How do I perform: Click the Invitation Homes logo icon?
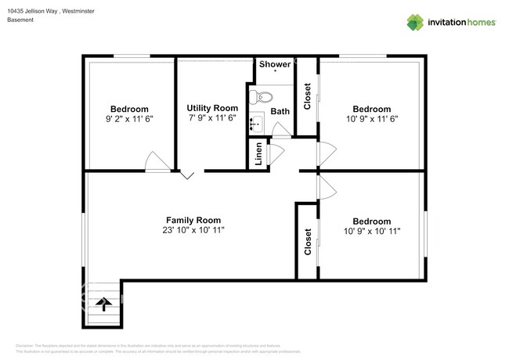tap(415, 22)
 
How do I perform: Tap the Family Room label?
tap(193, 220)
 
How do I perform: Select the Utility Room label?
tap(212, 108)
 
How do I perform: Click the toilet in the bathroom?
tap(260, 98)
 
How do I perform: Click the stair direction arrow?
tap(102, 304)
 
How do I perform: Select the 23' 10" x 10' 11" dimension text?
tap(193, 232)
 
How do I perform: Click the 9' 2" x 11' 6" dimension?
tap(129, 120)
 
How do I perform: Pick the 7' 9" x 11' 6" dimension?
tap(212, 119)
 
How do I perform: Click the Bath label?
tap(280, 111)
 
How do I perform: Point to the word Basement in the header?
tap(20, 20)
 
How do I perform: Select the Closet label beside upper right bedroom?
tap(307, 96)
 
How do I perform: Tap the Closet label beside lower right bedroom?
tap(307, 241)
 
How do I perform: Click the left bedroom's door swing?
tap(157, 161)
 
